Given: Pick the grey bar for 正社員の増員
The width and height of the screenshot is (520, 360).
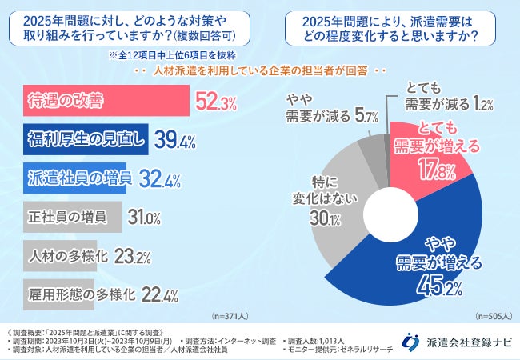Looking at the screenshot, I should coord(68,215).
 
